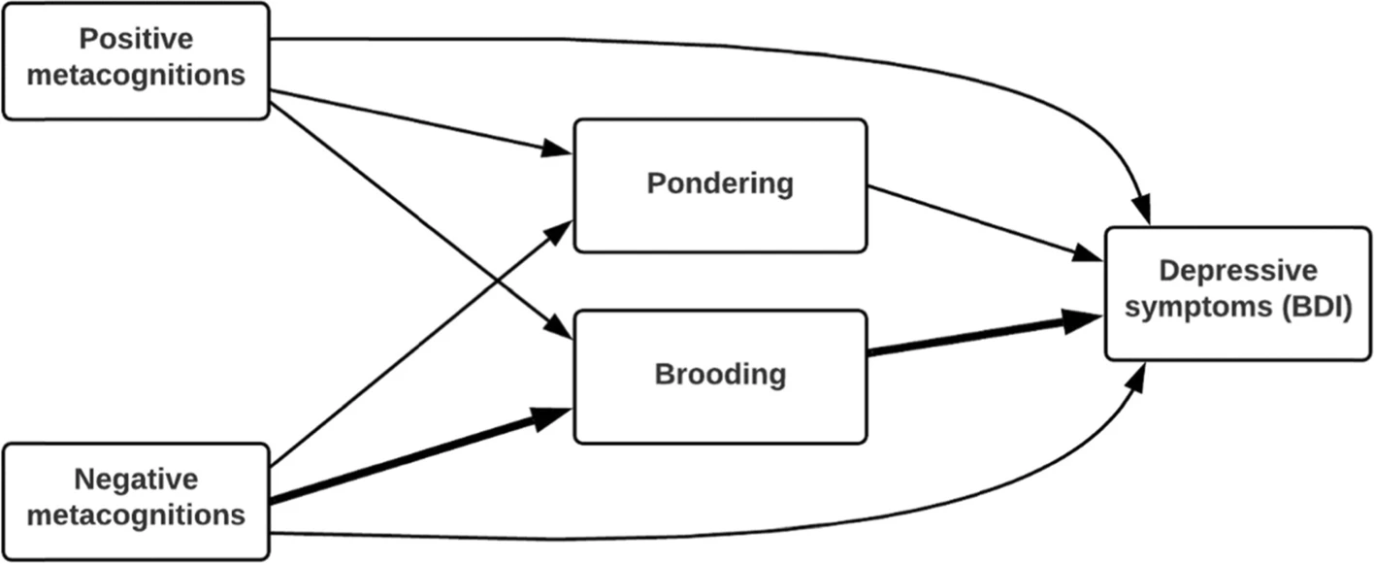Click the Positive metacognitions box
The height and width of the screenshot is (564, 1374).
point(136,60)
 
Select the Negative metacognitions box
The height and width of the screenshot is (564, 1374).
point(136,500)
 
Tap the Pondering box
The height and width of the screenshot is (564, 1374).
point(719,185)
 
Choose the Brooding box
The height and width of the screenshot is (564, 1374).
point(719,376)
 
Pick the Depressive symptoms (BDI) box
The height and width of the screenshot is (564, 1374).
point(1237,293)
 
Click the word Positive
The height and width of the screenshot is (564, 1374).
point(136,40)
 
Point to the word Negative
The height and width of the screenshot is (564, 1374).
point(136,480)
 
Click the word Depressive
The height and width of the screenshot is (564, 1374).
point(1238,271)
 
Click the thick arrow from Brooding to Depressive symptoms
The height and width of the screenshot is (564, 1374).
point(980,337)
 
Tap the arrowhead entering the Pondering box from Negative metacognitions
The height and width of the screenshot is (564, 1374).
point(561,230)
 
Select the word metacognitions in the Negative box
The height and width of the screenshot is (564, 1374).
point(136,515)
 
